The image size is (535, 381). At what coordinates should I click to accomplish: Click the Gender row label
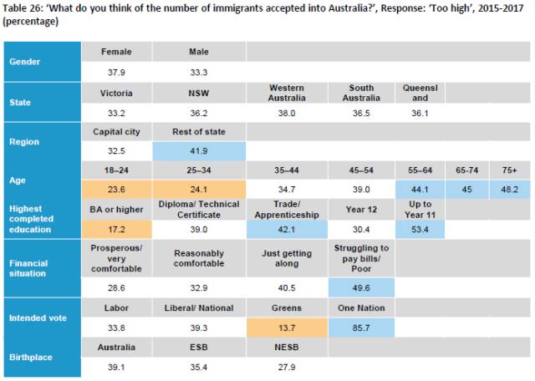(x=24, y=62)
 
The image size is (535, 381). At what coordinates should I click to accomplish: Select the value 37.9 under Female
(x=116, y=73)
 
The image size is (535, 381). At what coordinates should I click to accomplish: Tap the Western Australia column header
(x=287, y=93)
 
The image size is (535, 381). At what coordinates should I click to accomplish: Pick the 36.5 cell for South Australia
(x=361, y=114)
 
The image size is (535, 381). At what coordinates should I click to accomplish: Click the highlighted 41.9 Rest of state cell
(x=199, y=151)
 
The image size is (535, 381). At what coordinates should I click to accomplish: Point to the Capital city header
(x=116, y=132)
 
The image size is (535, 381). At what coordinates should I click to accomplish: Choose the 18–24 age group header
(x=116, y=170)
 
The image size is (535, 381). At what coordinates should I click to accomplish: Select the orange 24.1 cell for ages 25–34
(x=199, y=190)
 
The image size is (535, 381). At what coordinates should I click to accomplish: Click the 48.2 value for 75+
(x=509, y=190)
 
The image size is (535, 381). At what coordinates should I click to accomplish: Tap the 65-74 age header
(x=466, y=170)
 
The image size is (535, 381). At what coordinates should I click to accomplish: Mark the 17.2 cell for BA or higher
(x=116, y=229)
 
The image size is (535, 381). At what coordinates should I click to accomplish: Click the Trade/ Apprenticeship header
(x=287, y=210)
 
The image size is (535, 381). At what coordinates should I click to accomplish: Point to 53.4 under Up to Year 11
(x=420, y=229)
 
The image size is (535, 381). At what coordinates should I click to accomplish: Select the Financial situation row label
(x=28, y=268)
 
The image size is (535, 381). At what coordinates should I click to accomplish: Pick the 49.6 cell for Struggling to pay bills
(x=361, y=288)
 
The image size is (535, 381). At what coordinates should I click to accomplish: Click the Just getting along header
(x=287, y=258)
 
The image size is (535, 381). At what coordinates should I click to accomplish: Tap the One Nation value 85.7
(x=361, y=328)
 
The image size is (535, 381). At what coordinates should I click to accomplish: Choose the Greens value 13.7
(x=287, y=328)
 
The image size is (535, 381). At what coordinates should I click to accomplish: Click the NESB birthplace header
(x=287, y=348)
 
